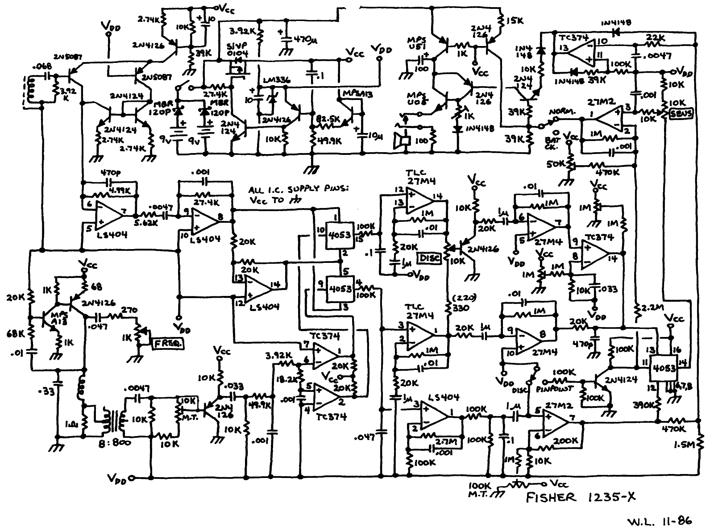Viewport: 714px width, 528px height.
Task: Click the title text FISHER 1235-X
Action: pyautogui.click(x=581, y=497)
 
